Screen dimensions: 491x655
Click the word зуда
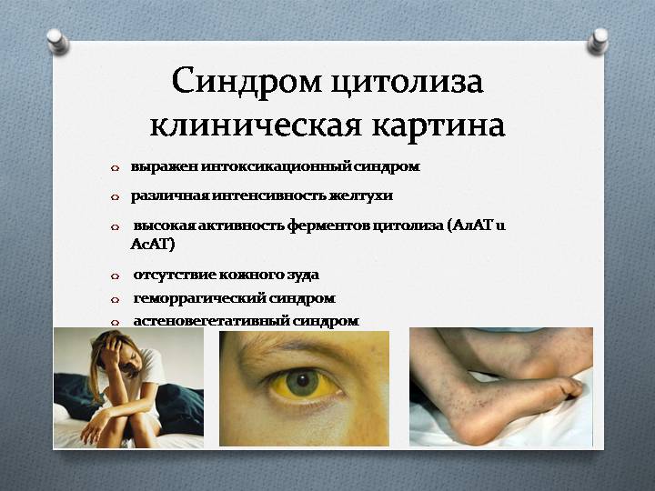(300, 274)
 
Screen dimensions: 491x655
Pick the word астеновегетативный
(209, 320)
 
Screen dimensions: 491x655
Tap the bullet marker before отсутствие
(115, 276)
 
